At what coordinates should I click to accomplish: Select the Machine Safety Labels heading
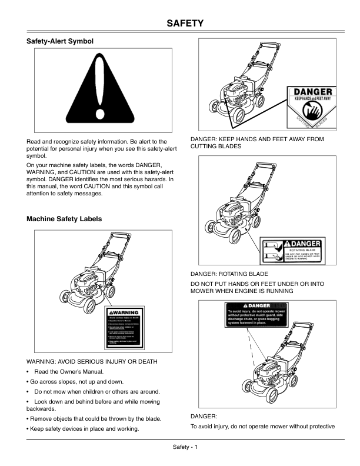(x=64, y=219)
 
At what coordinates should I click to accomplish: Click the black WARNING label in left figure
(x=125, y=327)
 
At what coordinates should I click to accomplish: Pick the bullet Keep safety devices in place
(x=83, y=429)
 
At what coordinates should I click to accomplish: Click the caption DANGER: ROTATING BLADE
(x=229, y=274)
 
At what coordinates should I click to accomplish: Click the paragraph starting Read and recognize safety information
(x=97, y=149)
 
